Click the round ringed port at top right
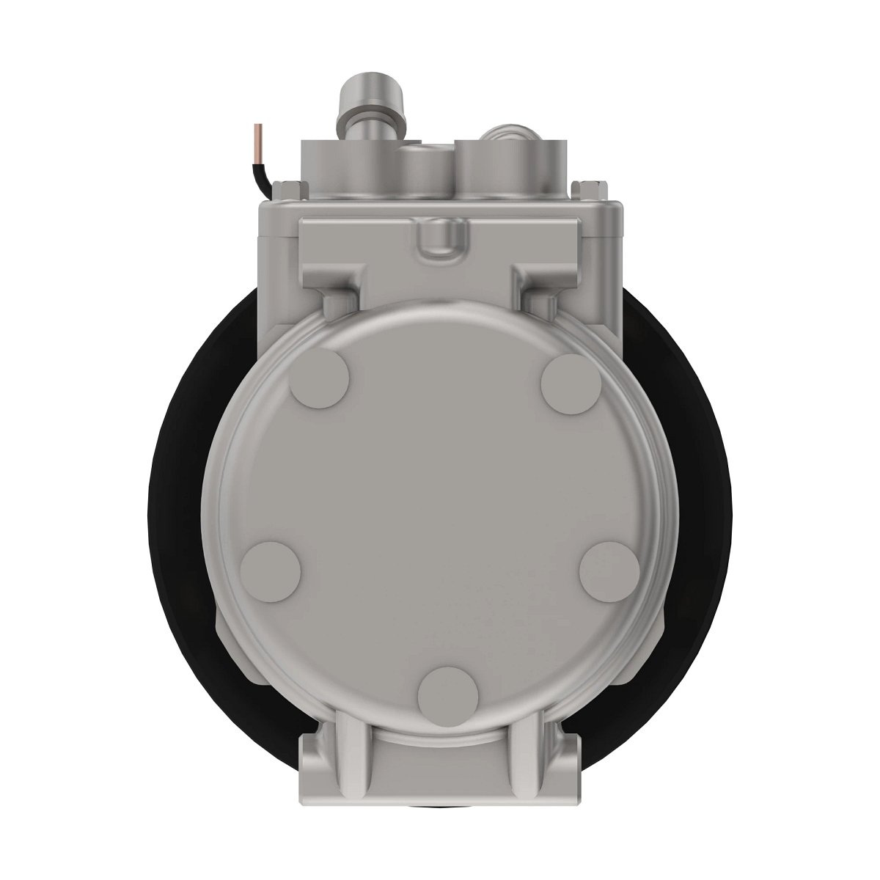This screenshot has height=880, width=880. (507, 133)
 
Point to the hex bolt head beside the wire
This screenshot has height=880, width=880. (288, 189)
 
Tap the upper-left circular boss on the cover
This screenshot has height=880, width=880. (320, 377)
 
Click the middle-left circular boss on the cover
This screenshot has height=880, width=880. (271, 571)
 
